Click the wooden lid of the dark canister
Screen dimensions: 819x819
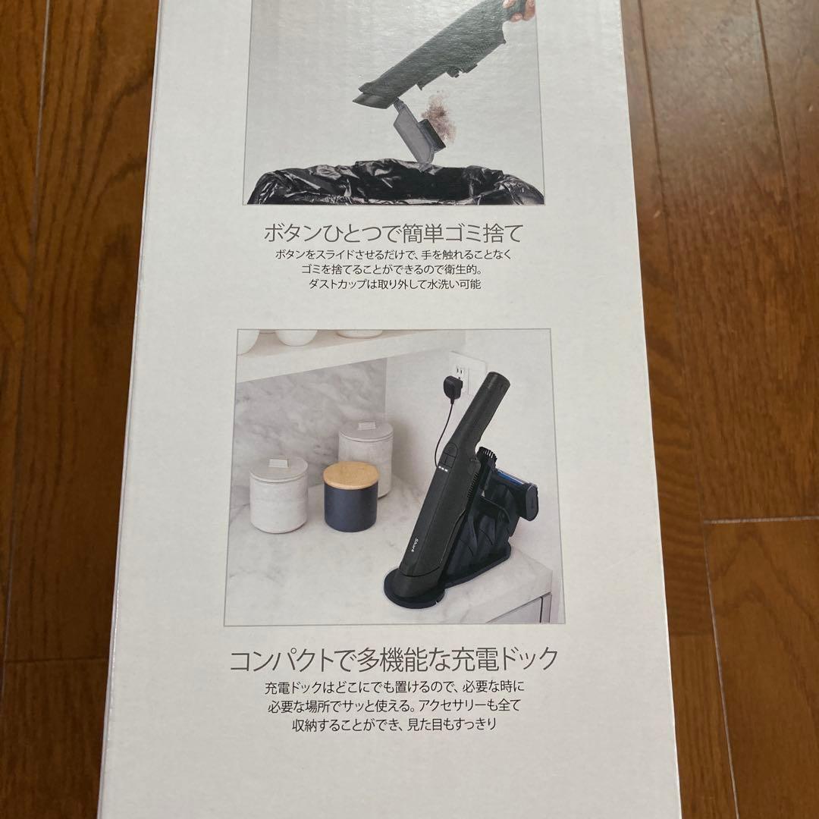[351, 475]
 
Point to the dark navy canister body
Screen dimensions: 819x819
[351, 508]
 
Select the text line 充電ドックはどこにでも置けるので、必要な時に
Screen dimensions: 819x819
[394, 689]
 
